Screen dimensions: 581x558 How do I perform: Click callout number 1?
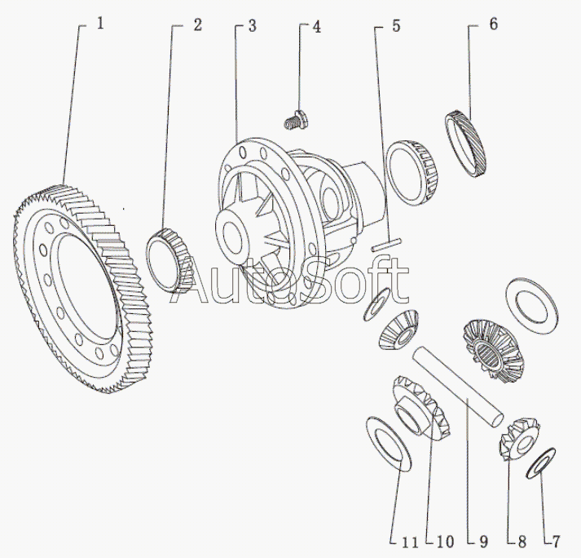coord(100,24)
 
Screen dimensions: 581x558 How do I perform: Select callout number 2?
coord(197,24)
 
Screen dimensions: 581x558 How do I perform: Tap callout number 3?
coord(253,24)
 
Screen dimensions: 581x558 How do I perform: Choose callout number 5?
coord(396,25)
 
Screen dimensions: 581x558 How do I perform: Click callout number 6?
coord(493,24)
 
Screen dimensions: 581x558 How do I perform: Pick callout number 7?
coord(556,539)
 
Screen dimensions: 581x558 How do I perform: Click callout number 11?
coord(409,539)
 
